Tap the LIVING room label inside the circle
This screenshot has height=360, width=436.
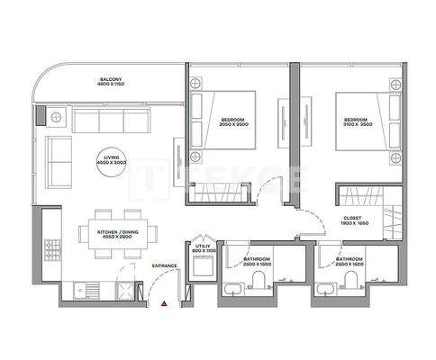click(113, 161)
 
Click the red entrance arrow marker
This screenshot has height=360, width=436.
click(164, 306)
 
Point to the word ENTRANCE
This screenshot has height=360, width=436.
click(164, 266)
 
